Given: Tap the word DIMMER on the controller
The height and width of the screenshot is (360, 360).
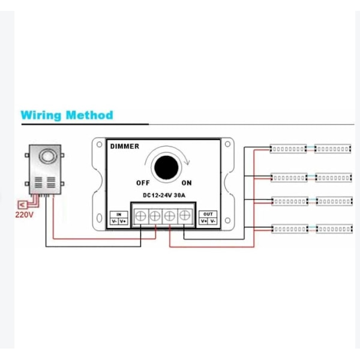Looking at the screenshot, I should pos(124,146).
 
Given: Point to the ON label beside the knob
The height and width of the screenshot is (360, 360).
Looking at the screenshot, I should pos(187,183).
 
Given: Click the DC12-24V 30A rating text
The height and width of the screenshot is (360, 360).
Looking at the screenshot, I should pos(164,194).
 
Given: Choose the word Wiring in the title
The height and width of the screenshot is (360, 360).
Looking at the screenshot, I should pos(41,115).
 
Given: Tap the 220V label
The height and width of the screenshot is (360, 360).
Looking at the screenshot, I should pos(24,214).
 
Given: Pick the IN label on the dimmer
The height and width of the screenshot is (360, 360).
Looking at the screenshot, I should pos(119,214).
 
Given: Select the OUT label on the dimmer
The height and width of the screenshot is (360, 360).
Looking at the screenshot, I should pos(208,214).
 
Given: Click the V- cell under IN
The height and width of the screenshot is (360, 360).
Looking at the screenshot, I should pos(115,221).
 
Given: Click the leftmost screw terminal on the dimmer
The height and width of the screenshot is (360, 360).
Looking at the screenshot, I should pos(140,214).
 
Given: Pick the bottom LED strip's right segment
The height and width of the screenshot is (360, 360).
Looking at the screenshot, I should pos(333,229).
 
